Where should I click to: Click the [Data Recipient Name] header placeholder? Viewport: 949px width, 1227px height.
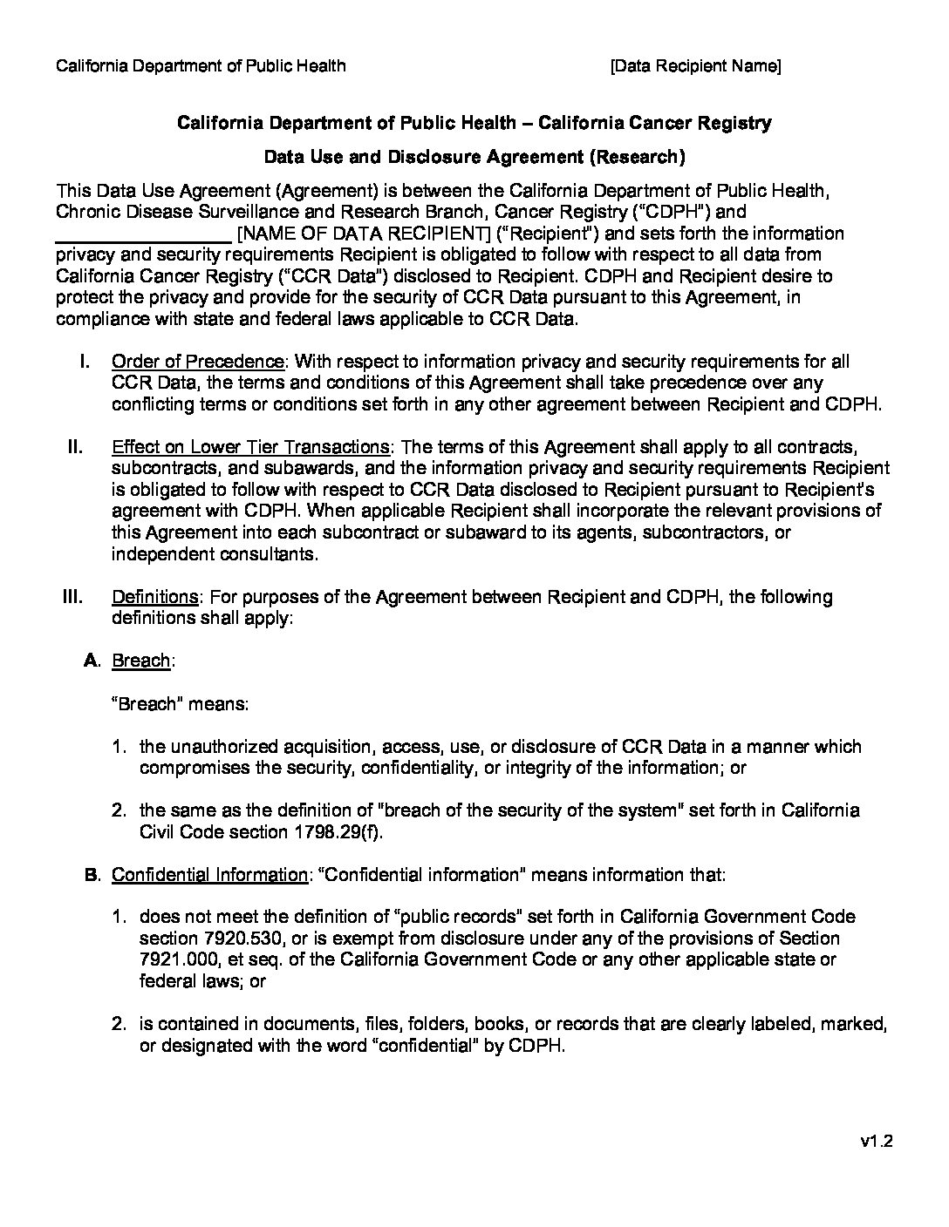click(x=695, y=66)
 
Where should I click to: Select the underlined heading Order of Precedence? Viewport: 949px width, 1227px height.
click(x=198, y=362)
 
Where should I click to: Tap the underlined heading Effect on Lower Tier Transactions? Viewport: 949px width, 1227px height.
click(x=250, y=447)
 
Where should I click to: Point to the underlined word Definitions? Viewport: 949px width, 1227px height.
click(x=156, y=597)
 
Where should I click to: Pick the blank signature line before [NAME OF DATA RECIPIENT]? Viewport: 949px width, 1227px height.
click(x=143, y=234)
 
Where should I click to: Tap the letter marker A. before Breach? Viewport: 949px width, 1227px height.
click(x=93, y=661)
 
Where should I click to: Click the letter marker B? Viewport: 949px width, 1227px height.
click(x=93, y=874)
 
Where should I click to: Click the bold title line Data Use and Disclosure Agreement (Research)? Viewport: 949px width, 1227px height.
click(x=474, y=157)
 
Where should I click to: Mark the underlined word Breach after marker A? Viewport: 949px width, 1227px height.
click(x=141, y=661)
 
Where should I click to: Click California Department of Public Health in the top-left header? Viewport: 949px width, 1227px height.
click(x=201, y=66)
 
